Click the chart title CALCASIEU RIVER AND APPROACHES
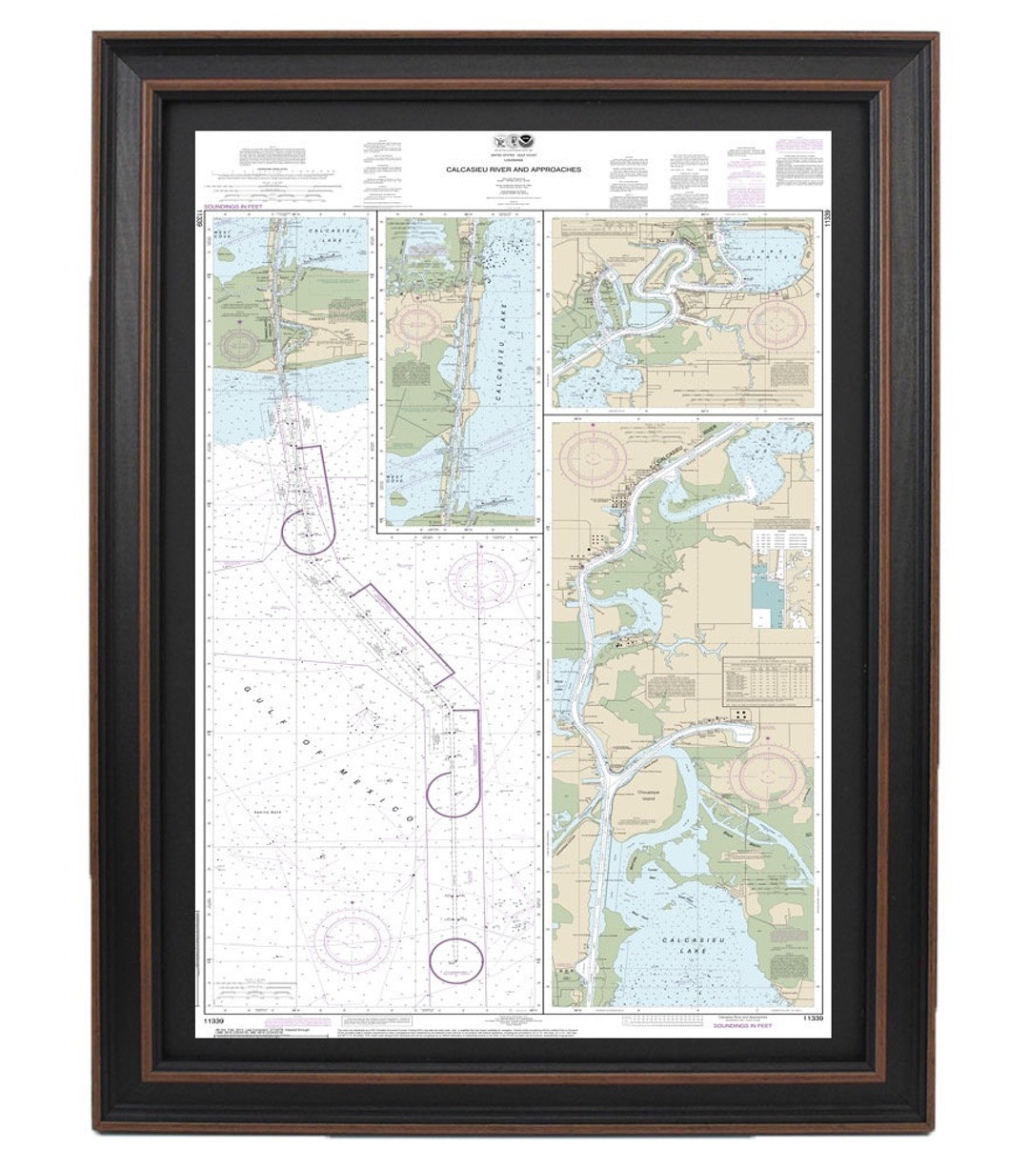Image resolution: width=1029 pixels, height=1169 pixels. [x=514, y=170]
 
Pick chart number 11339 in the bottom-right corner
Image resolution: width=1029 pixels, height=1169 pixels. [x=811, y=1018]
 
